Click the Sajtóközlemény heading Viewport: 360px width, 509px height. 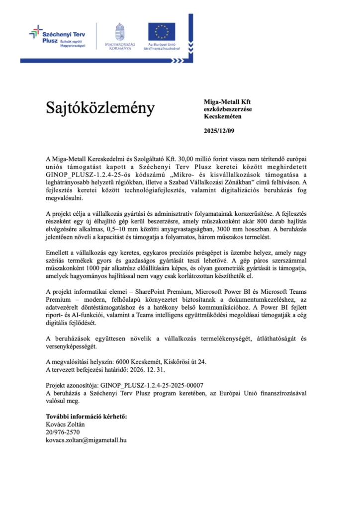(100, 108)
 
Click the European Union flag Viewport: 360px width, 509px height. (161, 31)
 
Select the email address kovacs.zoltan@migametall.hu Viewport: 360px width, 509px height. (86, 440)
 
